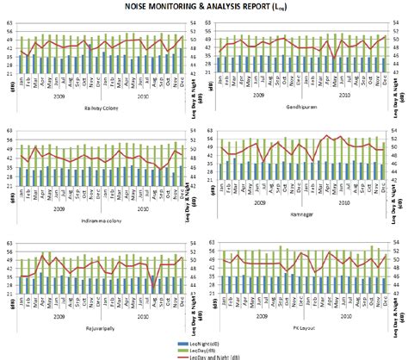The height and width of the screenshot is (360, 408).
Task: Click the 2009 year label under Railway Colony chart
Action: coord(58,97)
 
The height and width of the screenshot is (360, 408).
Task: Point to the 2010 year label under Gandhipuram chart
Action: coord(343,96)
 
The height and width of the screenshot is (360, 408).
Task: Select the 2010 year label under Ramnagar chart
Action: coord(343,202)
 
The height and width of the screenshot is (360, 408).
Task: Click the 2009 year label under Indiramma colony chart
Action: coord(58,208)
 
